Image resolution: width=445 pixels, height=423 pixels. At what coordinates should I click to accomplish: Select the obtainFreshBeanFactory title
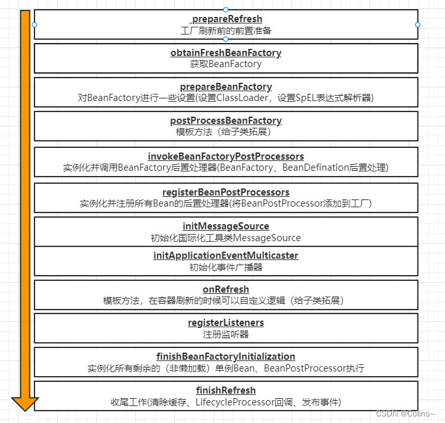[226, 53]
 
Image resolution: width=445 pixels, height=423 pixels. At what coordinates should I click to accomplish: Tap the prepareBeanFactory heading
[226, 87]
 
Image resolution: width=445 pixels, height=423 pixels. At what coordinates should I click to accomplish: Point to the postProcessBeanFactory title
[226, 121]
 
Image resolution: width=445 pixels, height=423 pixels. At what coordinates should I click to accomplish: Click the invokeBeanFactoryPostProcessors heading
[226, 156]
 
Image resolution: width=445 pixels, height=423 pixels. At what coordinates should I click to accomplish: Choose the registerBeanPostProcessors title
[226, 192]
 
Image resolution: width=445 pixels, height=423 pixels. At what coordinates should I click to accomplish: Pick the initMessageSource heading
[226, 226]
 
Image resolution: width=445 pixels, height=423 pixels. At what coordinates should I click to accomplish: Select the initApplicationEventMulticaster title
[226, 255]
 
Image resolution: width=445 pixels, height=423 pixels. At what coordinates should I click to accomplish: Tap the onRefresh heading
[226, 289]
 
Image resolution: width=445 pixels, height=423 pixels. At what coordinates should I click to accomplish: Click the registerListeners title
[226, 323]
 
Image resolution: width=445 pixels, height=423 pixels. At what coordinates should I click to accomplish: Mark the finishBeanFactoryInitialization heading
[226, 357]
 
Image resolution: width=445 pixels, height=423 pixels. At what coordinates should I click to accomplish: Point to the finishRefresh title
[226, 390]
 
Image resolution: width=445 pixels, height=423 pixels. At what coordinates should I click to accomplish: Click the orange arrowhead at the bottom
[25, 403]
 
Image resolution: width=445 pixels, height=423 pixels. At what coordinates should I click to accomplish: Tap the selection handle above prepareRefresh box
[226, 10]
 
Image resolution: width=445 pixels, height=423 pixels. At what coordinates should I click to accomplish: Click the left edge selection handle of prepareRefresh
[34, 25]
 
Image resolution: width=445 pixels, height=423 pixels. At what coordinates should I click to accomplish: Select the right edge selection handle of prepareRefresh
[418, 25]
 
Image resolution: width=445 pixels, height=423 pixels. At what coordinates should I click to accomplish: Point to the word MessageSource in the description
[270, 238]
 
